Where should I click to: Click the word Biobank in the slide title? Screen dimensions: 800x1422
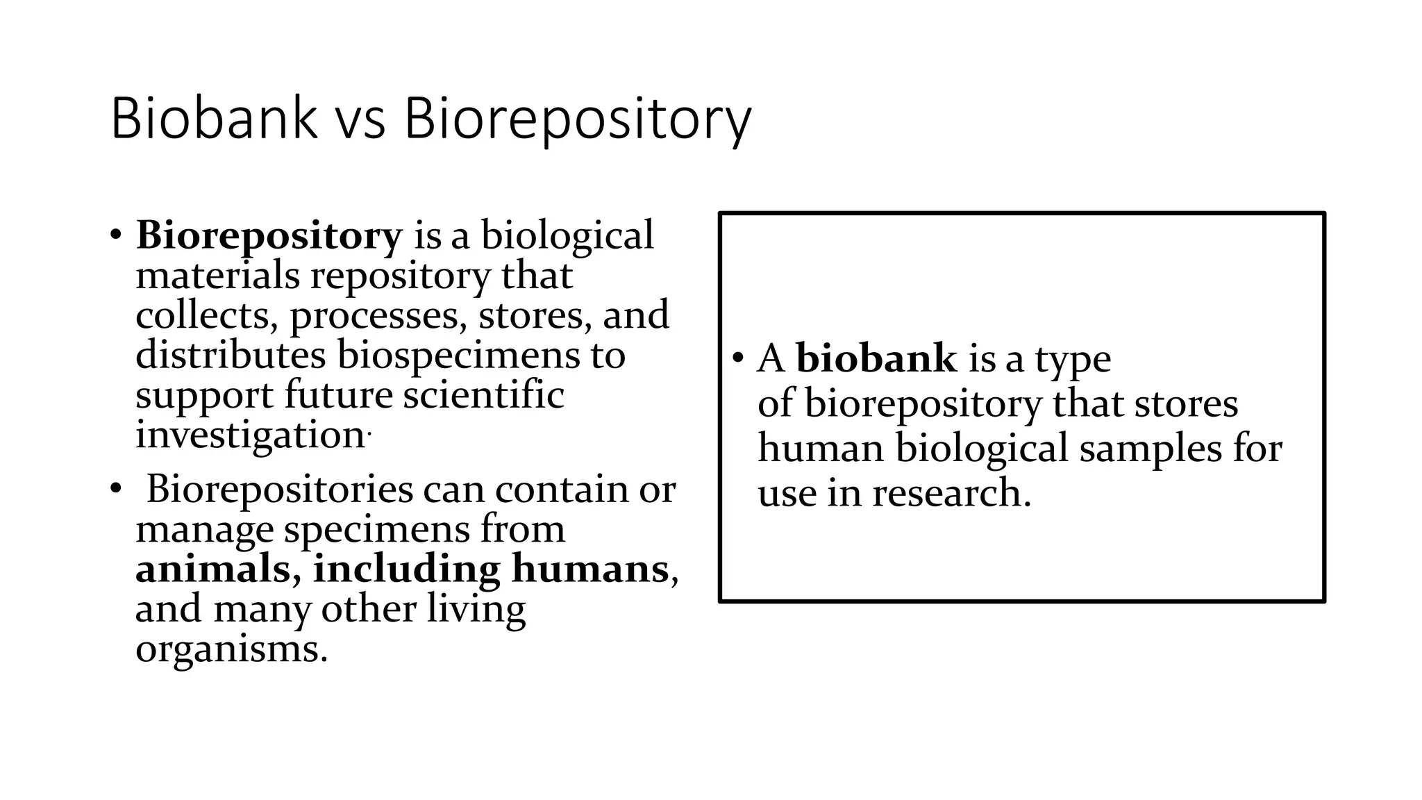pos(213,119)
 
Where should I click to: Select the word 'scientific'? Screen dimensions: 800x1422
pos(483,395)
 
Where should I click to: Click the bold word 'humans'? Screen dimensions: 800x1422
pos(589,569)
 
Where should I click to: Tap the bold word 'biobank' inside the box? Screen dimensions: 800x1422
pos(876,359)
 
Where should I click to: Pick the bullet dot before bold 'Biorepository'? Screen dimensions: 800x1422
pos(116,235)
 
